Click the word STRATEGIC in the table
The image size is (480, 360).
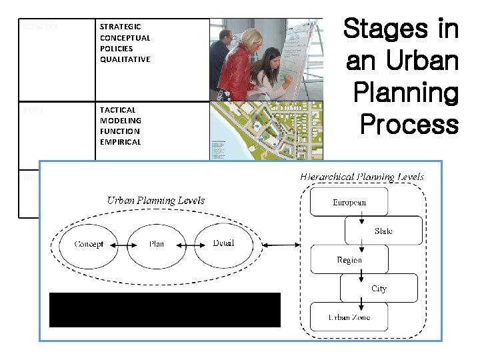coord(120,27)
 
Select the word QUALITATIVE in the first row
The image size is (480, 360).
coord(125,59)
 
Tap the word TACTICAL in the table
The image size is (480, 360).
coord(117,109)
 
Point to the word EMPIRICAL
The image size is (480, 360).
coord(120,142)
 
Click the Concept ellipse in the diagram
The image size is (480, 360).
coord(88,244)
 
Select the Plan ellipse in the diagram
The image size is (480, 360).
coord(156,244)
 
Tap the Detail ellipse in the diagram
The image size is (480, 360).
coord(223,244)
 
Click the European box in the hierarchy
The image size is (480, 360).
coord(349,202)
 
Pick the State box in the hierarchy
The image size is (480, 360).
coord(383,231)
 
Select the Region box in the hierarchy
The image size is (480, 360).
coord(349,259)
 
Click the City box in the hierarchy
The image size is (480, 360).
coord(379,288)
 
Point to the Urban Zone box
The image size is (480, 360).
coord(349,317)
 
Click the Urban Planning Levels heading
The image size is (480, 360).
coord(156,200)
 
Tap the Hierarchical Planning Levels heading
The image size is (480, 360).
coord(362,177)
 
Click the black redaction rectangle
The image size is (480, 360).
coord(165,309)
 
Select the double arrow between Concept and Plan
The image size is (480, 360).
coord(122,245)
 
